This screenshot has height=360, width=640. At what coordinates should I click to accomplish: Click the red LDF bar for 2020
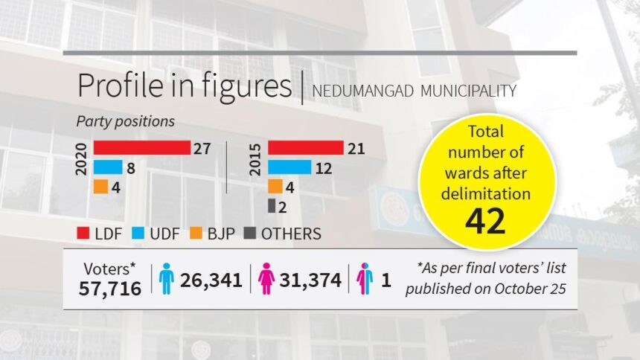141,148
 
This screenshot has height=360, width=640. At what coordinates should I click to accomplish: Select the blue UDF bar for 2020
108,167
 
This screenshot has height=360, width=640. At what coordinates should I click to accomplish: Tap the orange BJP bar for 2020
101,187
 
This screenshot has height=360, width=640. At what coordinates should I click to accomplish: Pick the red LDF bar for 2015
305,148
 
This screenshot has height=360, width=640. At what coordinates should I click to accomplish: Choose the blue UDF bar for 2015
289,167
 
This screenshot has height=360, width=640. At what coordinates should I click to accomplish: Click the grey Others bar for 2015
272,205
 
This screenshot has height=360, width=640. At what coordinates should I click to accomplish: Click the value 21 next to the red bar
356,149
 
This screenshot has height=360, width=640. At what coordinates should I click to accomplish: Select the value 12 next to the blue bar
324,168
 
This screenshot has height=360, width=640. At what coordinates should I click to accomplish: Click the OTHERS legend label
291,234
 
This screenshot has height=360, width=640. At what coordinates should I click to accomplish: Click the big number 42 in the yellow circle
487,221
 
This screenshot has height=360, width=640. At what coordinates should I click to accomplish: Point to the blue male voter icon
167,279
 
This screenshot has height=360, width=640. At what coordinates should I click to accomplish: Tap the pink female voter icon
266,279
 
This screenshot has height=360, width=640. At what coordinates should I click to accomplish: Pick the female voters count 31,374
310,280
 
